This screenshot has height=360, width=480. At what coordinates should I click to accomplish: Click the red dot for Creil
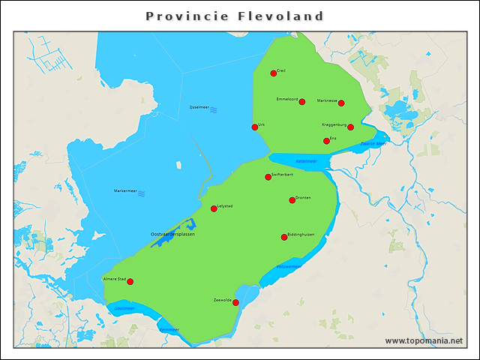[x=274, y=73]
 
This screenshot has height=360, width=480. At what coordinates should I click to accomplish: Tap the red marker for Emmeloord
[x=301, y=102]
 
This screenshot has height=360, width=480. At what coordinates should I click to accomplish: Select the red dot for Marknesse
[x=341, y=103]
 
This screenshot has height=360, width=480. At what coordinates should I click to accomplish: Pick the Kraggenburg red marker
[x=350, y=127]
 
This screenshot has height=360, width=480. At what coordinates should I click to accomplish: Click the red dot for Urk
[x=255, y=127]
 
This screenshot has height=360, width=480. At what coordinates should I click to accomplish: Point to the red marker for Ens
[x=326, y=141]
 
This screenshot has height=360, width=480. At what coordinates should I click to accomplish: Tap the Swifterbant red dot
[x=268, y=177]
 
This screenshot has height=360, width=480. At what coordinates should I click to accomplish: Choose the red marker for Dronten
[x=292, y=200]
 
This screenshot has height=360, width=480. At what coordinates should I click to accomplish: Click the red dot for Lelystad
[x=214, y=208]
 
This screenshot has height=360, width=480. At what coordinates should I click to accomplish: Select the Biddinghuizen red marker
[x=284, y=237]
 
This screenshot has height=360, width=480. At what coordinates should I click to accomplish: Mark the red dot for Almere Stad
[x=130, y=282]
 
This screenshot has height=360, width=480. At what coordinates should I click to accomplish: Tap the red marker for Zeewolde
[x=235, y=303]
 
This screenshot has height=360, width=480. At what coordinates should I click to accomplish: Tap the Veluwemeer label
[x=288, y=266]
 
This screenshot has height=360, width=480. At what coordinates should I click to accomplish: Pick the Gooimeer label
[x=124, y=307]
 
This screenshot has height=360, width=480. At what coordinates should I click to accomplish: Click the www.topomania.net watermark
[x=424, y=340]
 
